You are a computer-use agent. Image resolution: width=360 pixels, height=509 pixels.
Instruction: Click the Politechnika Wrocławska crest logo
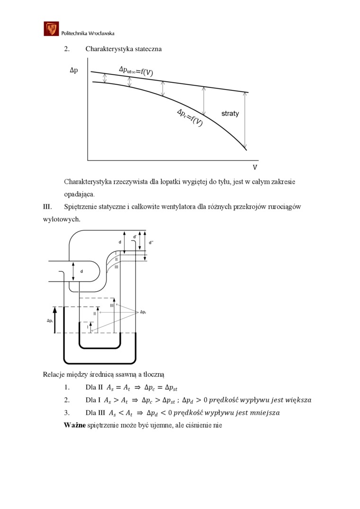[x=51, y=29]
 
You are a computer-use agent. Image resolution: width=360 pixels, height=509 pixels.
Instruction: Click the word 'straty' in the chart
[x=230, y=114]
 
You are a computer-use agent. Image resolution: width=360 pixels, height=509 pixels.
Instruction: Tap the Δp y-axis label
[x=73, y=71]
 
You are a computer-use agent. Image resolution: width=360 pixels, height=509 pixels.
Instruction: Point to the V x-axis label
[x=255, y=168]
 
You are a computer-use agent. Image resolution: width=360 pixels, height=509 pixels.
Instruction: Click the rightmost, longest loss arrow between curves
[x=245, y=120]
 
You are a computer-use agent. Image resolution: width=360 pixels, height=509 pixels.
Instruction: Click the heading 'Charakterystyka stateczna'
[x=123, y=49]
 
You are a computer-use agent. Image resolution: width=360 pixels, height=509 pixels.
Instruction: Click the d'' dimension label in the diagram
[x=151, y=242]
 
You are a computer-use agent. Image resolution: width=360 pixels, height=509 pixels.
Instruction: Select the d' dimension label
[x=135, y=236]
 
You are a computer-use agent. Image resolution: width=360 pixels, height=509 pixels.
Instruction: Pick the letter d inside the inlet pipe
[x=81, y=271]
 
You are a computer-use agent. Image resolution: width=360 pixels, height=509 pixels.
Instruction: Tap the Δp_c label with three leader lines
[x=144, y=313]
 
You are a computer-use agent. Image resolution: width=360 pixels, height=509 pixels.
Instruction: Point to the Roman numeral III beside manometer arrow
[x=112, y=305]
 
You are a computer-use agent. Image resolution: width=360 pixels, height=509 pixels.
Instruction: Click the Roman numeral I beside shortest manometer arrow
[x=87, y=326]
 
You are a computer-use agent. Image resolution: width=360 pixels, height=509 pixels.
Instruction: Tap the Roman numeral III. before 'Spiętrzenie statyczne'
[x=47, y=207]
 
